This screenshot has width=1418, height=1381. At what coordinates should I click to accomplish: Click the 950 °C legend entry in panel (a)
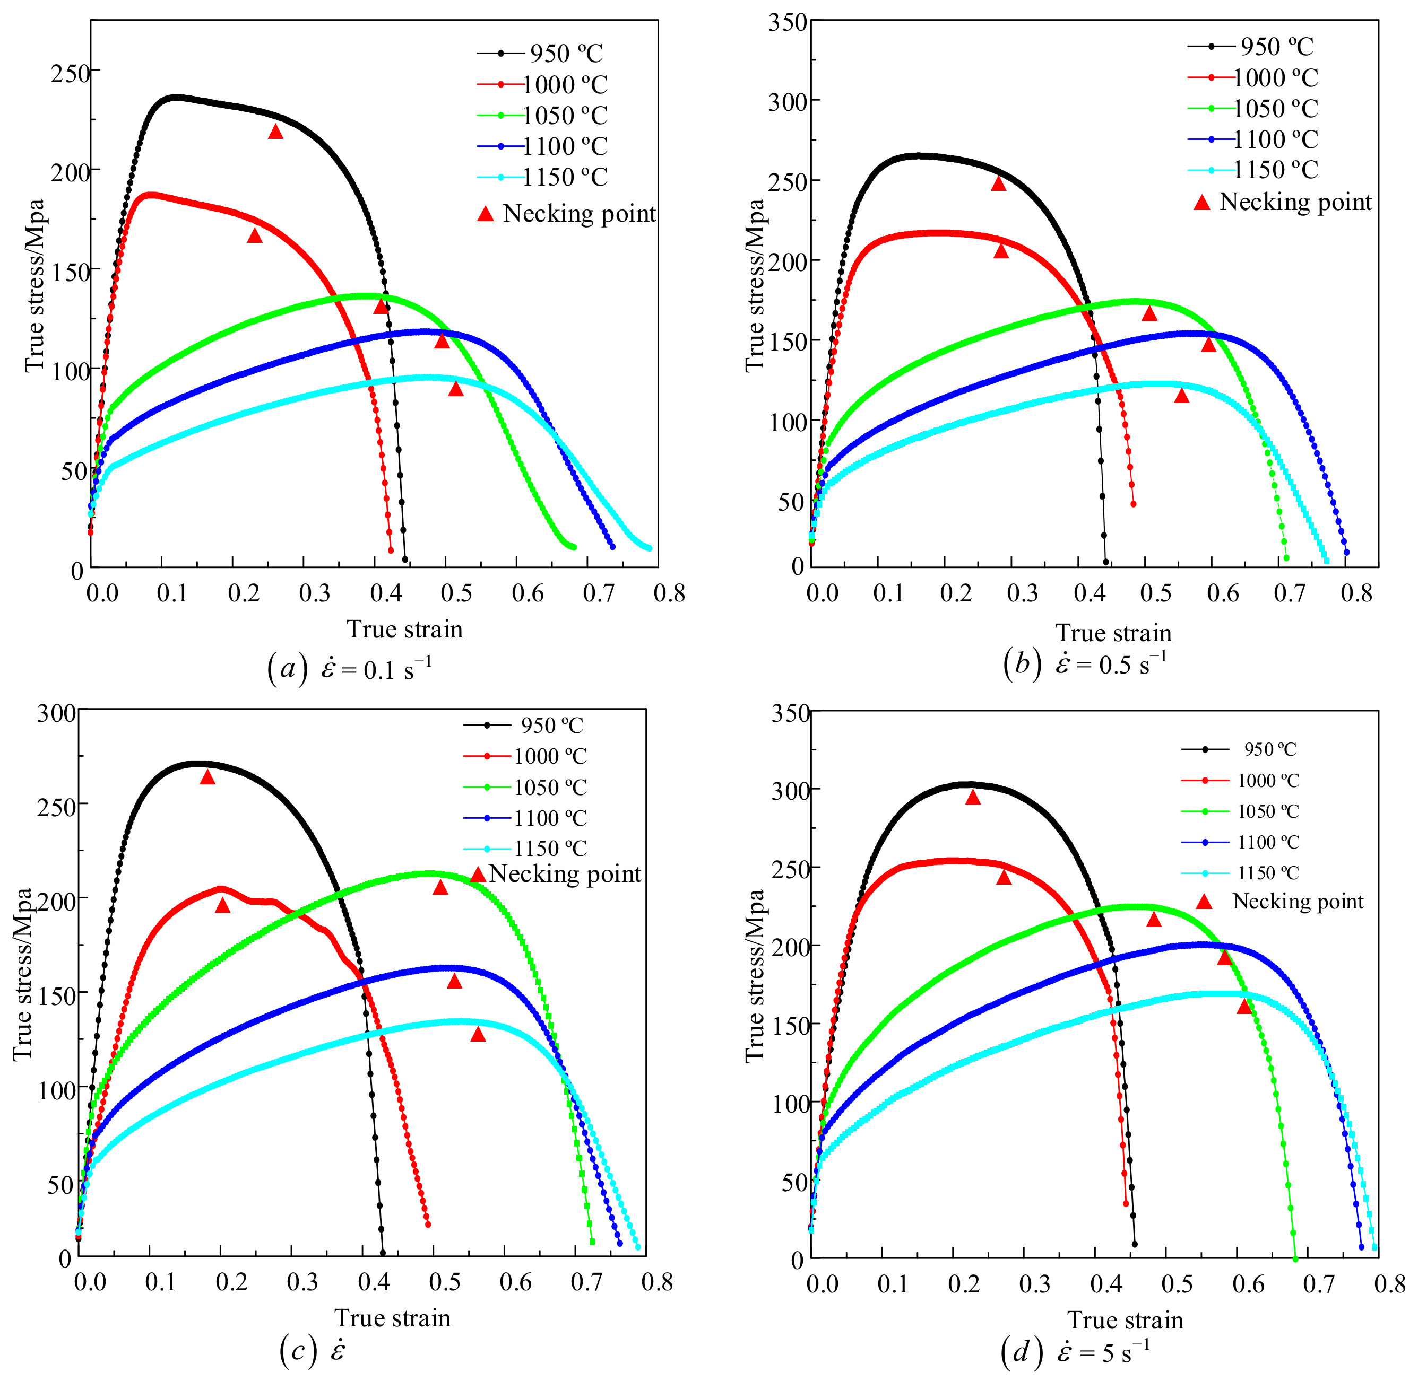tap(541, 53)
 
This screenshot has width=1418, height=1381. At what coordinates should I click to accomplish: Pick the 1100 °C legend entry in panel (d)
tap(1240, 842)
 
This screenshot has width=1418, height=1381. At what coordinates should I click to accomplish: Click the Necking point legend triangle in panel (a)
tap(486, 213)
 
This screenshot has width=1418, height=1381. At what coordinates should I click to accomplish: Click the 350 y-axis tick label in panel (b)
tap(789, 22)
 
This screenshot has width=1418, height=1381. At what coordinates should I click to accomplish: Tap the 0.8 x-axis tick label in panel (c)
tap(658, 1282)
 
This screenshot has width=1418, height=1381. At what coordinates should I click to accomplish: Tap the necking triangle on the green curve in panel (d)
tap(1154, 920)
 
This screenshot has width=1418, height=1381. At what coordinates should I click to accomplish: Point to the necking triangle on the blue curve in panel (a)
tap(442, 340)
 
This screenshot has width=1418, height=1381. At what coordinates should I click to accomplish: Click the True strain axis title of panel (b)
tap(1114, 633)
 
